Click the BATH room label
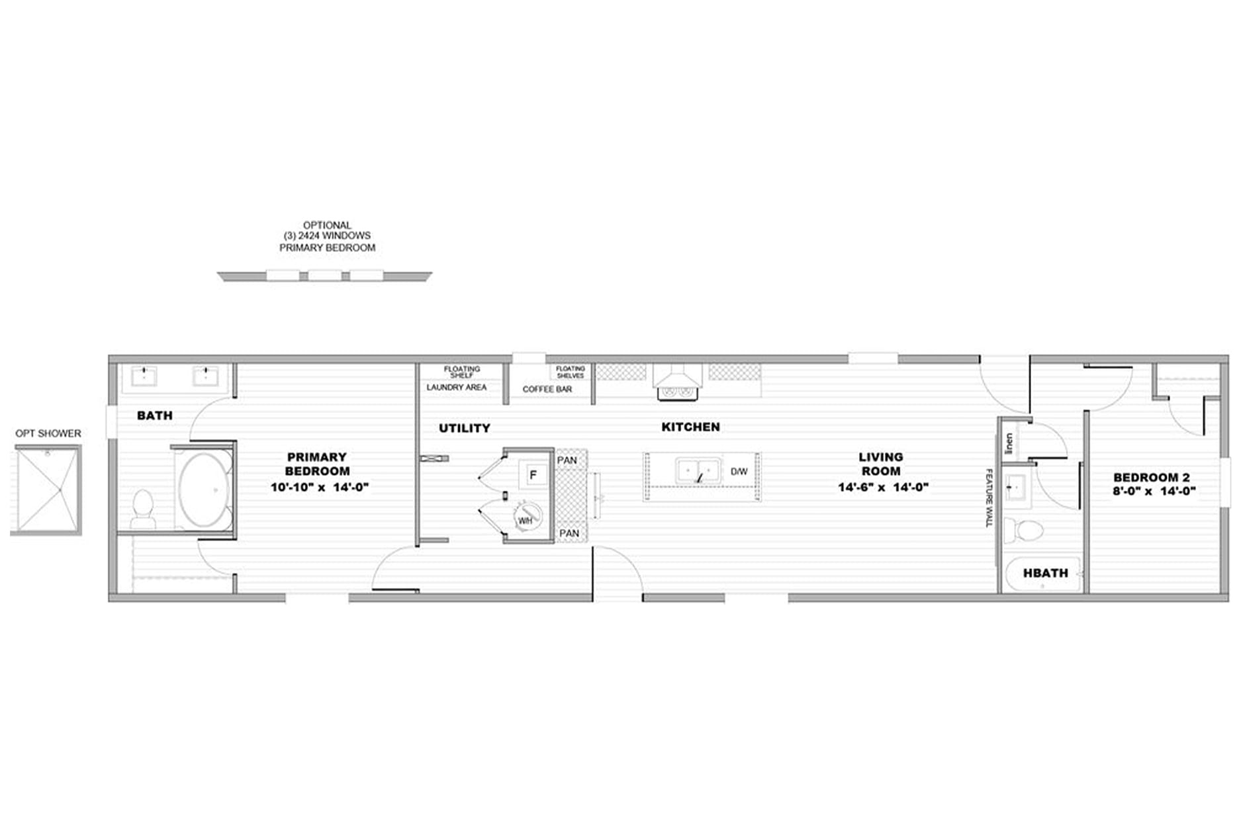[154, 415]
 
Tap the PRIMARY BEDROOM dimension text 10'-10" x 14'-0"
[319, 488]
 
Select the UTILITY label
[465, 428]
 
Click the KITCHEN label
[690, 427]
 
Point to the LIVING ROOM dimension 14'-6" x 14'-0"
[883, 488]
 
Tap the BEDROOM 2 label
[1151, 477]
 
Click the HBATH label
[1045, 573]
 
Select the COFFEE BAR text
[547, 389]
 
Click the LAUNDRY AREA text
[456, 387]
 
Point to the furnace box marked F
[533, 474]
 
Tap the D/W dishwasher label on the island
[739, 472]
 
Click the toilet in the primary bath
[142, 509]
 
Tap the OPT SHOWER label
[48, 433]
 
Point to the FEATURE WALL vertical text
[989, 498]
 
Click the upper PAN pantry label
[567, 460]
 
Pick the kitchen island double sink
[698, 470]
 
